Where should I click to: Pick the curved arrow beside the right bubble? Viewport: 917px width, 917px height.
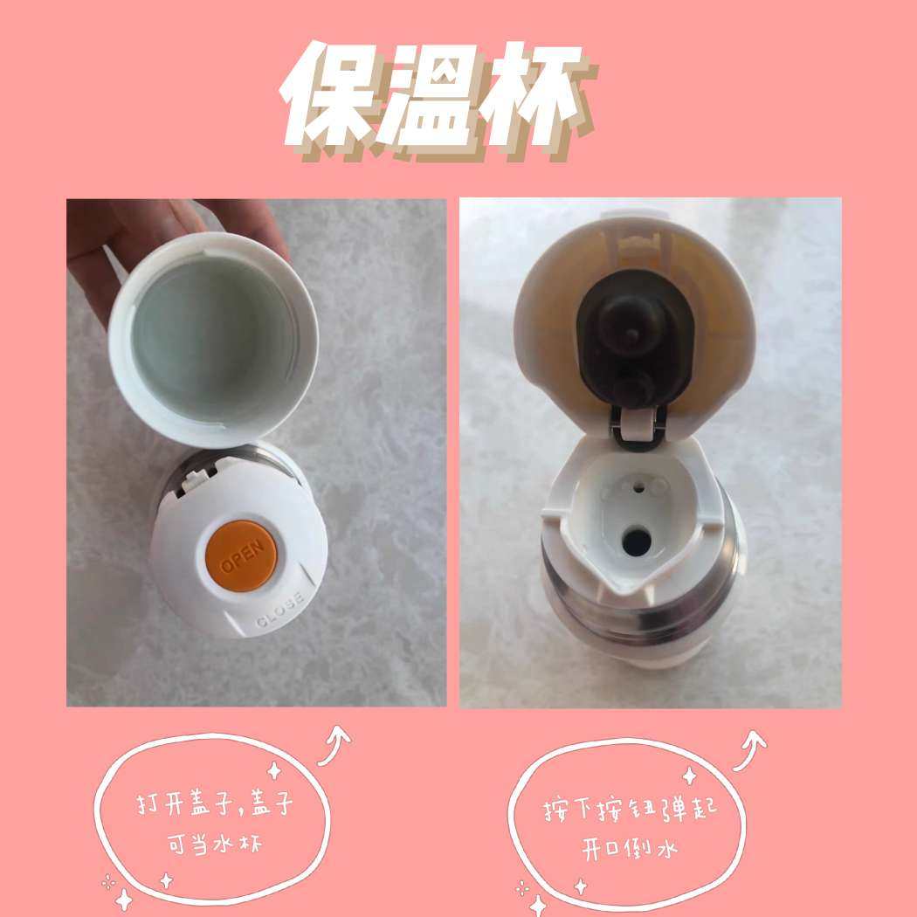pos(749,750)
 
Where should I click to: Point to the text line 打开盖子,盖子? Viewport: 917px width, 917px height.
pos(215,803)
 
